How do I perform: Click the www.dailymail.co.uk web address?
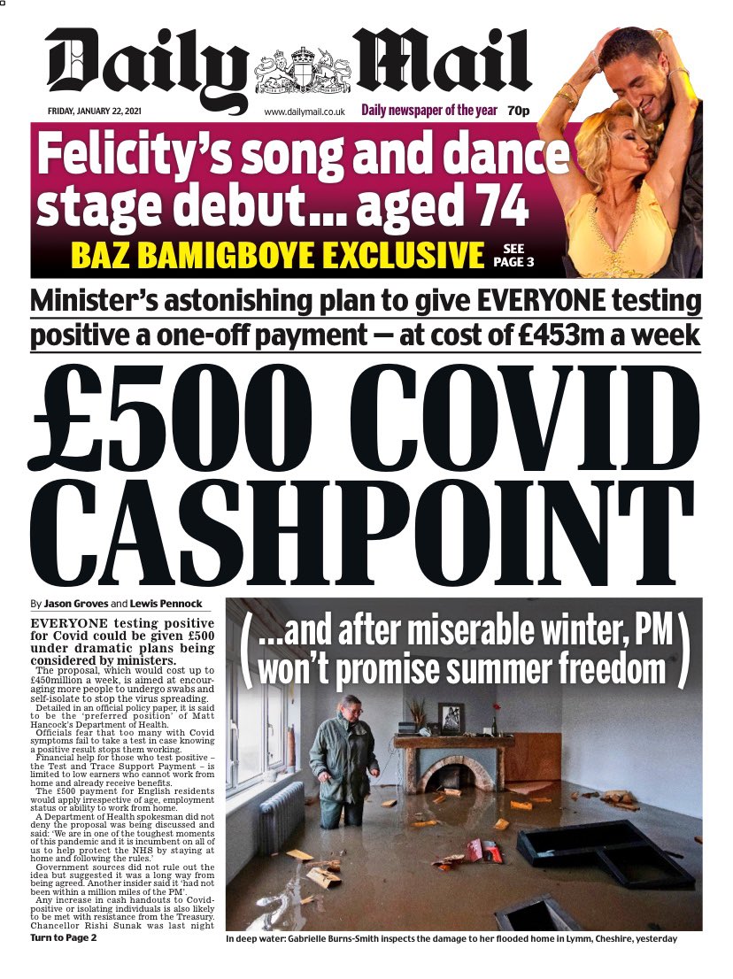coord(304,113)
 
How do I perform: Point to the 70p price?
coord(519,112)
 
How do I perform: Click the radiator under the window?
coord(282,828)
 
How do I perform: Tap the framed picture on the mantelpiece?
coord(452,718)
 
